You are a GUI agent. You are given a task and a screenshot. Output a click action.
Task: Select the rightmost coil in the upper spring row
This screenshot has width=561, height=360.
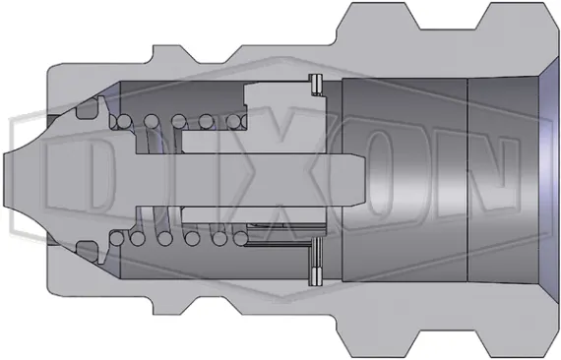click(237, 121)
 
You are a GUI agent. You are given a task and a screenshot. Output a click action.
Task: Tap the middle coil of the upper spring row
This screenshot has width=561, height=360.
click(180, 121)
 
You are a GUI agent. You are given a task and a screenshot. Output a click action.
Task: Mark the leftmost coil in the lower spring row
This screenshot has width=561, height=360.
click(122, 238)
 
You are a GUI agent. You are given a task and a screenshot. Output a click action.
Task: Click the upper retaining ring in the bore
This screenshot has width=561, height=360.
click(316, 86)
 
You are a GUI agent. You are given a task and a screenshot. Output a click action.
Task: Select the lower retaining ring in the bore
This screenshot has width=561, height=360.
click(316, 257)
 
